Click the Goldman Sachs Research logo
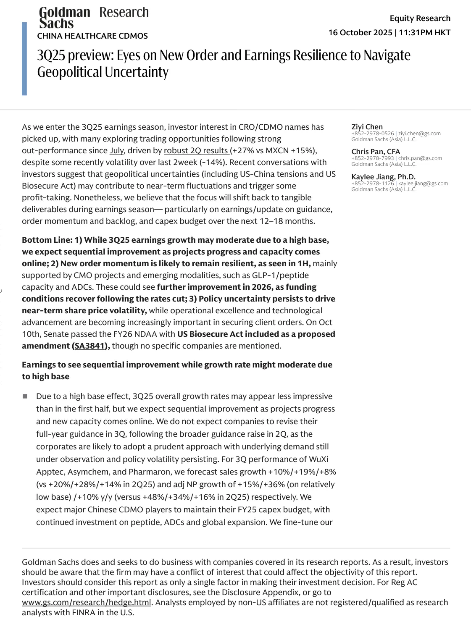point(93,18)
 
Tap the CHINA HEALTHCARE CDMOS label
point(92,36)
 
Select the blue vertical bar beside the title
point(24,59)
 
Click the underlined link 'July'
point(116,150)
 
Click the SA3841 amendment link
point(89,346)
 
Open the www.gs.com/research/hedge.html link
point(86,603)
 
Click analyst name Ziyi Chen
point(367,127)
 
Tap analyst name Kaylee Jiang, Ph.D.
point(383,177)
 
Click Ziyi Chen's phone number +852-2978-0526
point(373,134)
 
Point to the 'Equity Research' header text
point(420,18)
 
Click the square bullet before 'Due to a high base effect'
point(25,396)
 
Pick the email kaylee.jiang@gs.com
point(423,184)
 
